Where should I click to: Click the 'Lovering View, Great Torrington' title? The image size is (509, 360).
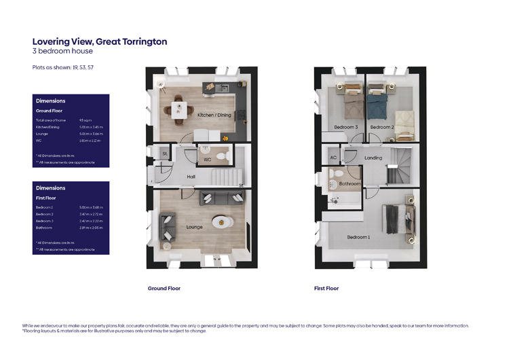coord(99,41)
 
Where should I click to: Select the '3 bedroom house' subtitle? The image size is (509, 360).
coord(62,51)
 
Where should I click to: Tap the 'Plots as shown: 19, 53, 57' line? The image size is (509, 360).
coord(63,67)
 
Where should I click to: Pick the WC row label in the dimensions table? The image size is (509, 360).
coord(39,141)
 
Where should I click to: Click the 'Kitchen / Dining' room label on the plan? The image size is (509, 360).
coord(214,115)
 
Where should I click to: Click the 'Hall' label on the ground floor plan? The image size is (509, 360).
coord(192,177)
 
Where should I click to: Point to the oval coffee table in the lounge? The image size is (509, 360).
coord(220,221)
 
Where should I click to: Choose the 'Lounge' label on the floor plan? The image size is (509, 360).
coord(195,227)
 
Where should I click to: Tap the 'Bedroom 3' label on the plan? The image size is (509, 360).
coord(345,127)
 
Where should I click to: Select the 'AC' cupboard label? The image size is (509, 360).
coord(333,158)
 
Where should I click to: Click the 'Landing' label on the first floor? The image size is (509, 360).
coord(373,158)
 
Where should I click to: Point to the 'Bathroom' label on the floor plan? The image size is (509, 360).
coord(350,183)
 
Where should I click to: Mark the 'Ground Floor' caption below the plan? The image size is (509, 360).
coord(164,288)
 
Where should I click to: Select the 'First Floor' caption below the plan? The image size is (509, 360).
coord(326,288)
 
